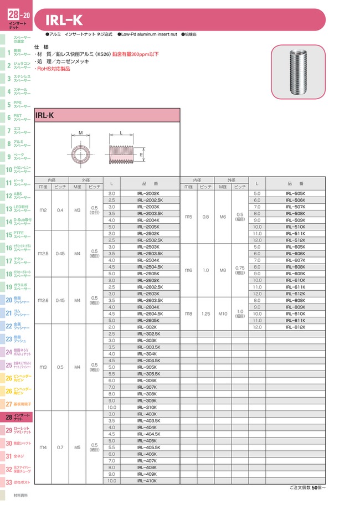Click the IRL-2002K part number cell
[x=146, y=193]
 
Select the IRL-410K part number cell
[x=146, y=480]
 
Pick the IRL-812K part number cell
[x=295, y=327]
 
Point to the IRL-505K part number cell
[x=295, y=193]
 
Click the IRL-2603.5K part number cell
[x=146, y=300]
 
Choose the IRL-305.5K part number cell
[x=146, y=374]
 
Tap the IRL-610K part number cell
[x=295, y=280]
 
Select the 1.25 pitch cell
[x=206, y=313]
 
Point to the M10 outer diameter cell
[x=223, y=313]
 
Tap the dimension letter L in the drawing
[x=120, y=133]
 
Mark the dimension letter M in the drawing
[x=80, y=133]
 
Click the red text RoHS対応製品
[x=53, y=69]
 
